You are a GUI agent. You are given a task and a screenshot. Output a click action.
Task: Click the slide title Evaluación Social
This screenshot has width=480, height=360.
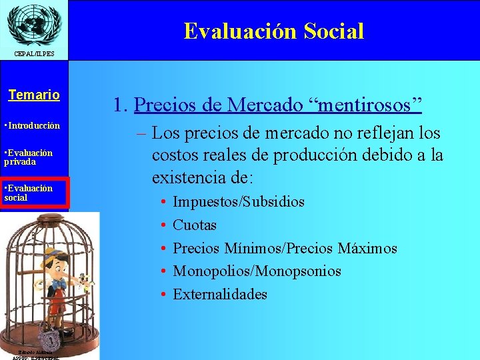pos(273,31)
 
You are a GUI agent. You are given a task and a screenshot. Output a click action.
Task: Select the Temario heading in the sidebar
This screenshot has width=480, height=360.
pos(34,95)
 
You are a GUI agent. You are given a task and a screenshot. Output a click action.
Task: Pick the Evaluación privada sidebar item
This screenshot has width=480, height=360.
pos(29,157)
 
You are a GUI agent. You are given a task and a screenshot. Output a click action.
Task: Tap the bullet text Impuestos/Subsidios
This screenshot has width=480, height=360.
pos(238,201)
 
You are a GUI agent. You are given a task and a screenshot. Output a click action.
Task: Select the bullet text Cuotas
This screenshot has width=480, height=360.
pos(195,225)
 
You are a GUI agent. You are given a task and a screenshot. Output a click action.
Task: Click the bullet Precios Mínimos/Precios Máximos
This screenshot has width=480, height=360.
pos(285,248)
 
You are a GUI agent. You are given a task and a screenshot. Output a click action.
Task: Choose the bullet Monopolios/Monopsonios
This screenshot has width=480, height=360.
pos(257,271)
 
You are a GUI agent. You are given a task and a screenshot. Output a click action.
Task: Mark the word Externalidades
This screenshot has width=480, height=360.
pos(220,294)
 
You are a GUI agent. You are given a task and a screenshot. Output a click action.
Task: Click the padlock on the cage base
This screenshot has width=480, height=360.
pos(47,334)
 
